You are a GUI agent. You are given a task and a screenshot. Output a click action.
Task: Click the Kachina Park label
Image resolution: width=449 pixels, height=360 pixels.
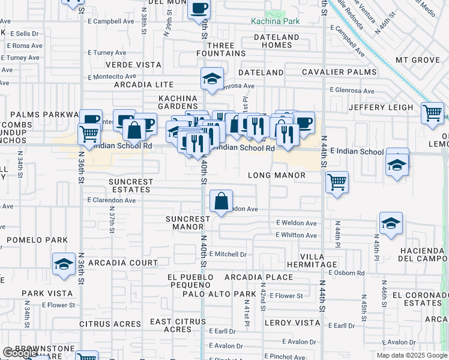[275, 22]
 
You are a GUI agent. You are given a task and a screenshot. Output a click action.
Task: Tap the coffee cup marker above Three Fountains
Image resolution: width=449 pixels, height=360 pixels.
[199, 8]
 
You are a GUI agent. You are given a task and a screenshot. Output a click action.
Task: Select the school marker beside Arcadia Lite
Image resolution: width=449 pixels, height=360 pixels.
[211, 79]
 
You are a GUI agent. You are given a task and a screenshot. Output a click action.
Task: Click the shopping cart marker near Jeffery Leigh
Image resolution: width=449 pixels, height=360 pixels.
[432, 112]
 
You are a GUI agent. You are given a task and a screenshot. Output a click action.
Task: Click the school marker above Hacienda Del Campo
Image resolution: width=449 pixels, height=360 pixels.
[391, 223]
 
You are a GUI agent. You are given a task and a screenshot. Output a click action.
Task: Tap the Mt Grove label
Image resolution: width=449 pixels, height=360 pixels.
[418, 61]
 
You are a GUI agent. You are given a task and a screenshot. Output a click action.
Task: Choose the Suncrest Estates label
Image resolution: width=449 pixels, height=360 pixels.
[131, 185]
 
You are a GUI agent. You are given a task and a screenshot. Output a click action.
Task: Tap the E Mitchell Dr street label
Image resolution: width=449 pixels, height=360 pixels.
[228, 254]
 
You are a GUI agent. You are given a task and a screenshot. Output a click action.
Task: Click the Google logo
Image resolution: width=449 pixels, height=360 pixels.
[21, 353]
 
